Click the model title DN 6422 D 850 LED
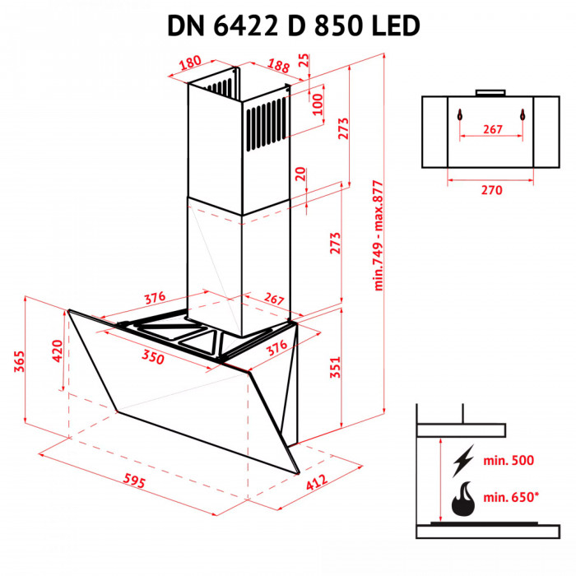click(294, 25)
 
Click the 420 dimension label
click(57, 351)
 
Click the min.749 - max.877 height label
click(379, 235)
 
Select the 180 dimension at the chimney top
click(191, 62)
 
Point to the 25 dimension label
click(304, 61)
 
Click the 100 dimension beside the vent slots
click(318, 105)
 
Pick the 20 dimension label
click(300, 174)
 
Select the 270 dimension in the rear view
click(491, 190)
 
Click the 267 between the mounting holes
click(491, 129)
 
